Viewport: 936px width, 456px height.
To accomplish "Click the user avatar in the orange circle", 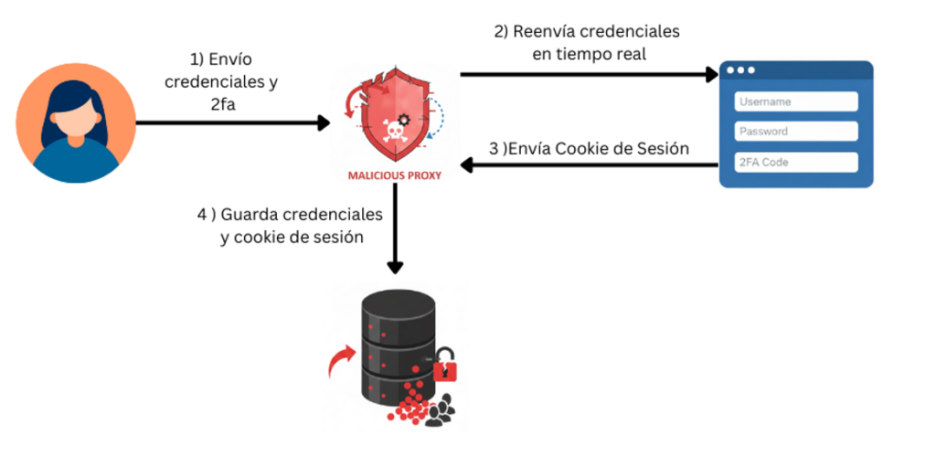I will pos(75,122).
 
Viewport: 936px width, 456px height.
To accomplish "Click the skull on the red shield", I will pos(395,132).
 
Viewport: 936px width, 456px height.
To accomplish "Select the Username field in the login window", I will pos(796,101).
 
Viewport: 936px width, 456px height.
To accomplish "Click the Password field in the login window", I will pos(796,132).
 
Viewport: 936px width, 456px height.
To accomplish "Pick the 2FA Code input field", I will pos(796,162).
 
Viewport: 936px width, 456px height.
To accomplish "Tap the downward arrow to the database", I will pos(395,228).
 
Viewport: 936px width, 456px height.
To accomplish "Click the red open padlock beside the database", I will pos(445,365).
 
